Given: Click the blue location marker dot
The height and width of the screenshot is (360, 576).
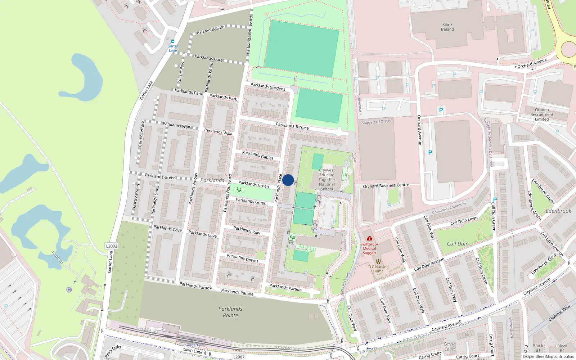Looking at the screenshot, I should tap(288, 180).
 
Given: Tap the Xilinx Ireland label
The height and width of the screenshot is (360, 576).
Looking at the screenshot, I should tap(447, 27).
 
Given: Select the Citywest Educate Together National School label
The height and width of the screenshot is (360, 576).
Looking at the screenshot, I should tap(327, 180).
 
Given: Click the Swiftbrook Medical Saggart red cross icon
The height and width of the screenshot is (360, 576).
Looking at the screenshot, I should tap(369, 238).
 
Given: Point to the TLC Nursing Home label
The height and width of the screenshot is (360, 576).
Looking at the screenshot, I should tap(378, 269).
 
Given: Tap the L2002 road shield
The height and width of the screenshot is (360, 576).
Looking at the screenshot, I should tap(112, 246).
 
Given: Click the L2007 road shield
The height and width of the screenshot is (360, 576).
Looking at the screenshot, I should tap(239, 357).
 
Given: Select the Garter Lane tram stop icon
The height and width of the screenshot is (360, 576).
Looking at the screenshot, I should tap(173, 41).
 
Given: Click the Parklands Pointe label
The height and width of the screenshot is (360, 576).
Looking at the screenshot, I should tap(230, 312).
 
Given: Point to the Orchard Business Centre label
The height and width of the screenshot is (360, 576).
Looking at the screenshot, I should tap(386, 186).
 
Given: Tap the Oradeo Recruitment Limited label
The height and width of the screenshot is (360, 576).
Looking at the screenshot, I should tap(542, 114).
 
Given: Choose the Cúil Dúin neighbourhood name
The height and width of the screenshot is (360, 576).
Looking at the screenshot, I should tap(458, 244).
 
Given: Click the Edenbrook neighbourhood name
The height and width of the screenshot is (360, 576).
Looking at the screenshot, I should tap(558, 211).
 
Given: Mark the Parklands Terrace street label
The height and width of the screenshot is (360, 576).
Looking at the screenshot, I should tap(292, 126).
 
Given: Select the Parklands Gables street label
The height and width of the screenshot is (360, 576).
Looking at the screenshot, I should tap(258, 155).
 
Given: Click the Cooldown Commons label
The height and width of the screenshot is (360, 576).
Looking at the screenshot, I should tap(449, 208).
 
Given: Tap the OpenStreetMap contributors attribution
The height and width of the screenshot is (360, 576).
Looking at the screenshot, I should tap(548, 357).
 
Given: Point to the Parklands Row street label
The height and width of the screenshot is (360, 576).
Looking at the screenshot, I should tap(247, 230).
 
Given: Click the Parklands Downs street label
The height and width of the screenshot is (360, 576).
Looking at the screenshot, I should tap(243, 258).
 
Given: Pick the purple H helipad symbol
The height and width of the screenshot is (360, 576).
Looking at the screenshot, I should tap(69, 290).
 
